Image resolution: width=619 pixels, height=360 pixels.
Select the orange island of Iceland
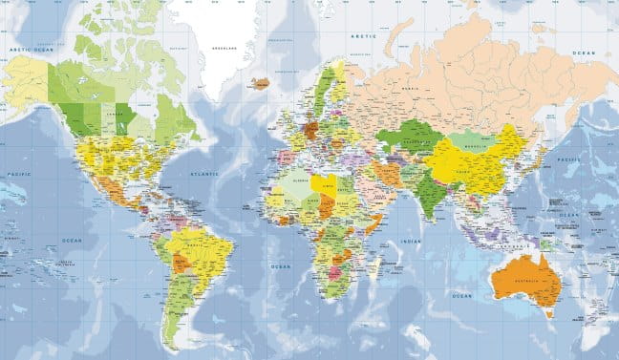point(260,83)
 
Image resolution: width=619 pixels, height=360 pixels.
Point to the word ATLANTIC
point(204,174)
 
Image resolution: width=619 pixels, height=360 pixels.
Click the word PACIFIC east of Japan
point(570,159)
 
